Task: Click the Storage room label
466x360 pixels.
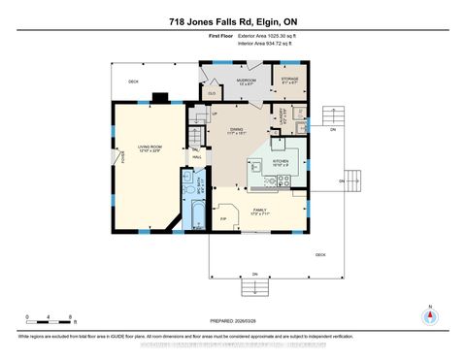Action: [x=289, y=82]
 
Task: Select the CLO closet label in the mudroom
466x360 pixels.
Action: [x=211, y=94]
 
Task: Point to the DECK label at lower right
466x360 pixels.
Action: [x=319, y=254]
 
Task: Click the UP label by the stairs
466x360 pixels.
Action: [x=216, y=115]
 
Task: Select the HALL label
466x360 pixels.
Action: [x=196, y=156]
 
